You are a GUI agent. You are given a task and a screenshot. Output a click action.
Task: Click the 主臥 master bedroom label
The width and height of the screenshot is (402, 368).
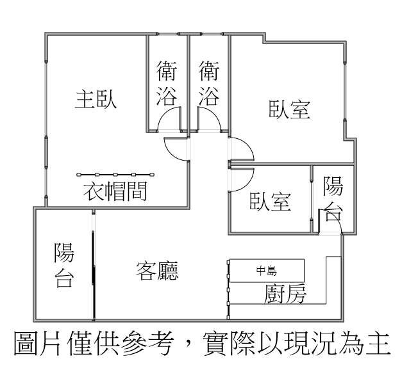point(96,99)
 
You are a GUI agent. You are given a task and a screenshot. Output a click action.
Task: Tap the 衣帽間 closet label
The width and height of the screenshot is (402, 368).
point(115,191)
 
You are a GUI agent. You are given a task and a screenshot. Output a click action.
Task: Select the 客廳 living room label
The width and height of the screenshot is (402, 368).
point(157,271)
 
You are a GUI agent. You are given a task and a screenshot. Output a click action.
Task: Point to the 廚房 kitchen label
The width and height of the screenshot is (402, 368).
point(285,294)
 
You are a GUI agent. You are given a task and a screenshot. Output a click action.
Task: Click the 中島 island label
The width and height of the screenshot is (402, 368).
point(267,271)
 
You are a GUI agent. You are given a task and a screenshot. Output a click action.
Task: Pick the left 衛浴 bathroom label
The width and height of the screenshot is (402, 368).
point(167,83)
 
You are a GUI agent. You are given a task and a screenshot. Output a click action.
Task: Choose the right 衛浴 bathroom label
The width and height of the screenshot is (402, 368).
point(209,83)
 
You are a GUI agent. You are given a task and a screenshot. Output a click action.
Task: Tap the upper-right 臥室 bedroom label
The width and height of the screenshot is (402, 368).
point(290,109)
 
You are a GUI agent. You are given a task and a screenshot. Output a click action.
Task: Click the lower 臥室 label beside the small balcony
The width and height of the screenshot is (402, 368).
point(271,202)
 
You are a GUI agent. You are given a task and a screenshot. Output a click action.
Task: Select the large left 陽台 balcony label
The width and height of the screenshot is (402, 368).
point(64,265)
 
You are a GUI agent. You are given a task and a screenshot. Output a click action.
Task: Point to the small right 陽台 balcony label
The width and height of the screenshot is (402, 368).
point(333,198)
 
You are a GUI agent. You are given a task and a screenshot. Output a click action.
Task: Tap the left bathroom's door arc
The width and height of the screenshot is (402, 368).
point(169,119)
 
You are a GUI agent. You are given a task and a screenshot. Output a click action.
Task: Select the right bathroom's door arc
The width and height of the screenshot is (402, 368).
point(208,119)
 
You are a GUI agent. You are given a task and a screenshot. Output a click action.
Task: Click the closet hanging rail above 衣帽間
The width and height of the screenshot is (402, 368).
point(115,175)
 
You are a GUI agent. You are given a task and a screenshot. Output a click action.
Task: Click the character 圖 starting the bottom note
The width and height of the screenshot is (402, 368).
point(24,343)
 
